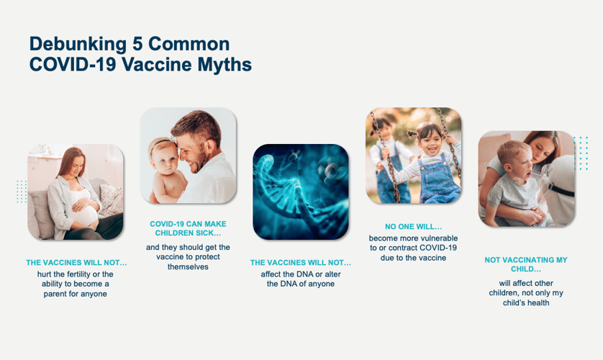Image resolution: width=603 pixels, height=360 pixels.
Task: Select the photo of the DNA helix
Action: pos(300,192)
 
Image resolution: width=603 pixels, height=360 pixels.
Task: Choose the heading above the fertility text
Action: pos(76,263)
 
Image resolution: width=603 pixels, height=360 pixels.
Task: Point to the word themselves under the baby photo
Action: pos(187,267)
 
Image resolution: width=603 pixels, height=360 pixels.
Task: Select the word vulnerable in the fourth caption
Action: pos(433,238)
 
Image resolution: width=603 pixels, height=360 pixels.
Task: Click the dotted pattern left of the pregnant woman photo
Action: pos(22,192)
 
